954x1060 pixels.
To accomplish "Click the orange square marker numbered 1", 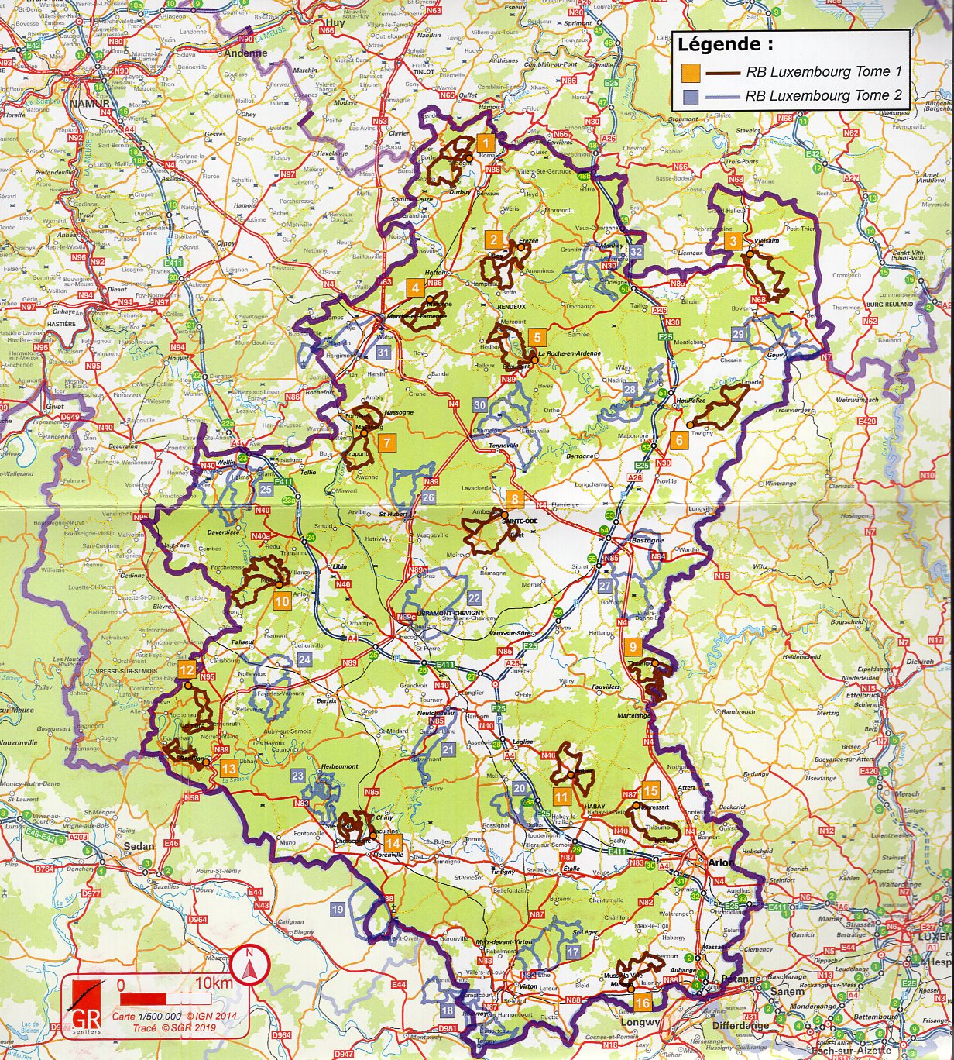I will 485,143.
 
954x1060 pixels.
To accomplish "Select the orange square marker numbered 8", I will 514,499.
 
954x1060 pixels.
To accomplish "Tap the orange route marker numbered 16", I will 642,1003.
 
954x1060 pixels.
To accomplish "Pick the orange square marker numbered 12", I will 187,670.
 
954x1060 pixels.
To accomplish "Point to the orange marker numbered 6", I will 678,440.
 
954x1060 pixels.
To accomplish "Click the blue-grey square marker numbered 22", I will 474,598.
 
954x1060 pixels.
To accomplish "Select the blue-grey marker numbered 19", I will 337,909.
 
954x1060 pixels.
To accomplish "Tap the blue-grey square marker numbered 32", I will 636,252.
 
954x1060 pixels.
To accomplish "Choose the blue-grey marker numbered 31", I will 383,353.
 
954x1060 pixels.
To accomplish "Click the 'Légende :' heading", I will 725,45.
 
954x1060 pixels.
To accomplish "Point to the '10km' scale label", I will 214,983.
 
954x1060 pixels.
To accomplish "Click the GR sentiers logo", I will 85,1004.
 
